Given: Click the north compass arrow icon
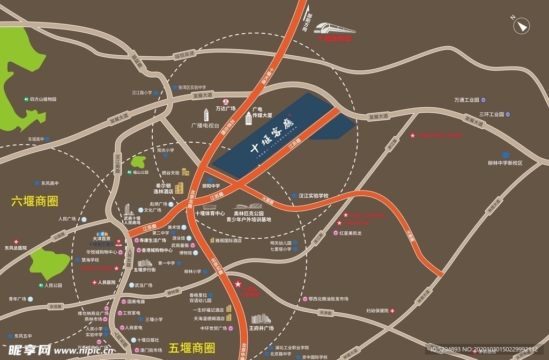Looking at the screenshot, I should [x=522, y=25].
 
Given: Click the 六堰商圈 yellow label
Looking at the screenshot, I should [x=34, y=201].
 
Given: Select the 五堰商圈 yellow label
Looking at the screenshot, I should [x=191, y=348].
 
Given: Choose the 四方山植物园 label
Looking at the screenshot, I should [x=43, y=99].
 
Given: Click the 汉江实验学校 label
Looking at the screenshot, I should [x=313, y=196].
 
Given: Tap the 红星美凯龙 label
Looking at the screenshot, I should [x=351, y=233].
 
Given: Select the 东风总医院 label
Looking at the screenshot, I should [x=16, y=248].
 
